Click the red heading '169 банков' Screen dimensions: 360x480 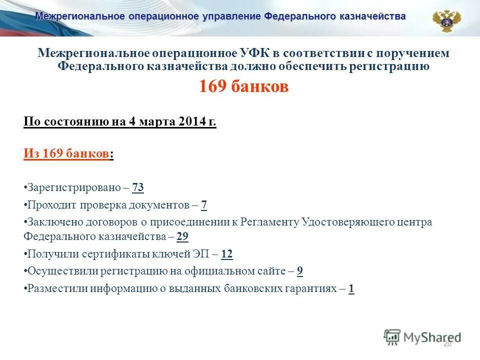(x=243, y=86)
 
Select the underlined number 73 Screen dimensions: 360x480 (x=138, y=188)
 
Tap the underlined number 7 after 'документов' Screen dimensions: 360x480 (x=203, y=205)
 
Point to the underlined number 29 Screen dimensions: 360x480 (x=182, y=236)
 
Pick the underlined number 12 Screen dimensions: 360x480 (x=226, y=254)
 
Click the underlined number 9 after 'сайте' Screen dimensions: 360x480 (x=300, y=271)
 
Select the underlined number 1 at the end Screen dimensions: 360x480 (x=351, y=288)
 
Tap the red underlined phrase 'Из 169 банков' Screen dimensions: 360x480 (x=66, y=154)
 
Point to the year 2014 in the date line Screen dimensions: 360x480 (x=190, y=122)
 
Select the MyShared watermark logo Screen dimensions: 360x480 (x=422, y=336)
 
